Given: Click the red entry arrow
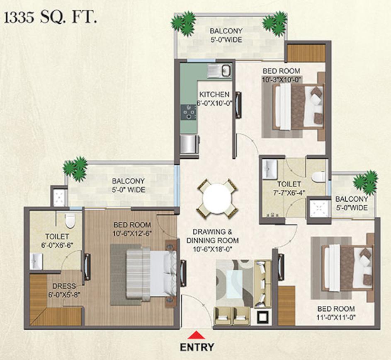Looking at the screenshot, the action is (197, 335).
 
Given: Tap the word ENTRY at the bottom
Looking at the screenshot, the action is (197, 347).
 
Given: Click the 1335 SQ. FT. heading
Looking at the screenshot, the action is (50, 18).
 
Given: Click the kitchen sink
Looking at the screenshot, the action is (219, 70).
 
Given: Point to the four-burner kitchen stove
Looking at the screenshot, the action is (188, 113).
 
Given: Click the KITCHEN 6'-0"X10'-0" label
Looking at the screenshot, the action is (215, 99).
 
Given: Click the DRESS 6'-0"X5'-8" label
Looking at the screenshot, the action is (64, 290).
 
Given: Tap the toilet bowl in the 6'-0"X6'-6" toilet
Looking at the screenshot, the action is (70, 220).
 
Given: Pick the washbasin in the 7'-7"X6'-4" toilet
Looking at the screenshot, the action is (269, 169).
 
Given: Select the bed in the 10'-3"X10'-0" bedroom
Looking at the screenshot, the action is (298, 107).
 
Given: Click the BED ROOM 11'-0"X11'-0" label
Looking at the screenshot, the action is (336, 313).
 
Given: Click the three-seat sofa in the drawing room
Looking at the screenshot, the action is (263, 284).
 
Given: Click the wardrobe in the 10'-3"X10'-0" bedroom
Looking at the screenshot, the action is (306, 53).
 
